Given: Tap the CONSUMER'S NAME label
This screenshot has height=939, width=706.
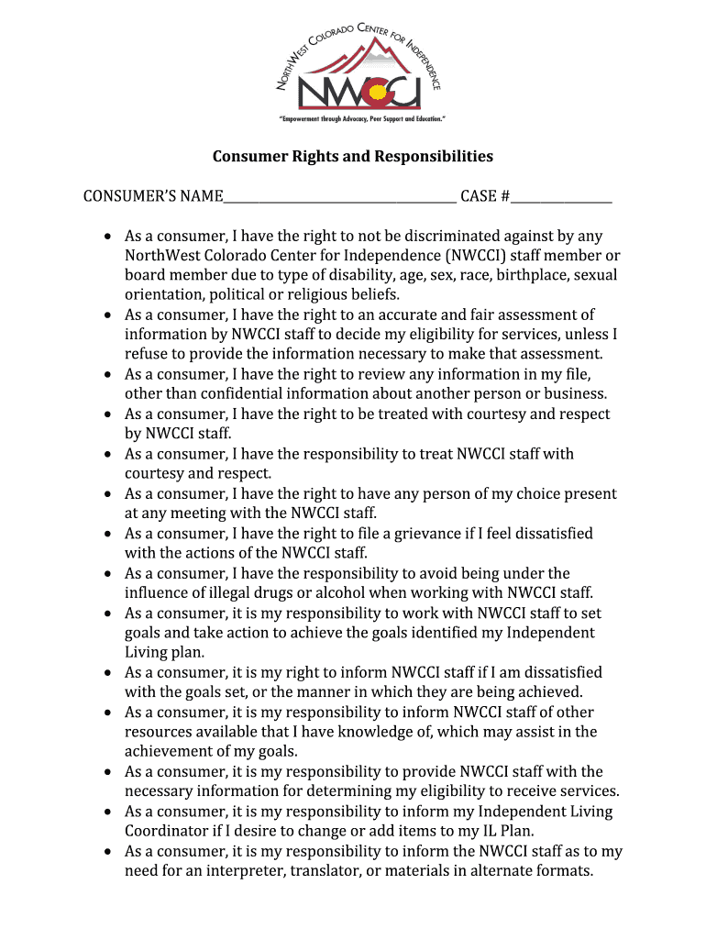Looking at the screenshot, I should [153, 196].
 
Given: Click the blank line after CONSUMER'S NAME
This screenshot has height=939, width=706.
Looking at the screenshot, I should [339, 199].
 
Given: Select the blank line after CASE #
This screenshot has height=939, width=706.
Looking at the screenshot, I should [562, 199].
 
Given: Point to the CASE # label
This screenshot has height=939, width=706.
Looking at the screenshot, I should [485, 196].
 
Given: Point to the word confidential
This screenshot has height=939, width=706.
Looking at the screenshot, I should [226, 394].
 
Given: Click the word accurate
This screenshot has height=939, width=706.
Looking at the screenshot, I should [404, 315].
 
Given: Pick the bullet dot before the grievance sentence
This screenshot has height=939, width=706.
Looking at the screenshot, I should [108, 534].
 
